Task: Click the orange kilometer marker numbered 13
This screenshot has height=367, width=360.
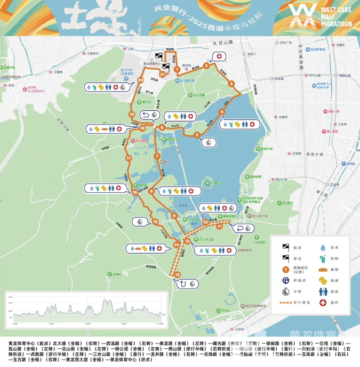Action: [178, 274]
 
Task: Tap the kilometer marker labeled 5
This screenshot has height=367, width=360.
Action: [197, 135]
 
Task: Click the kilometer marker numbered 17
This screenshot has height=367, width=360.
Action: [128, 158]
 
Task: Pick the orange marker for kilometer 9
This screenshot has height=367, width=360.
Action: [174, 215]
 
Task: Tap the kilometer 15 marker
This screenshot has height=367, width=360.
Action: [155, 222]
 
